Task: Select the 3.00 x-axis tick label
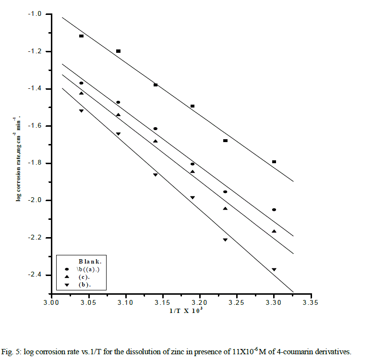(51, 303)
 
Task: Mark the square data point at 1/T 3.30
(274, 162)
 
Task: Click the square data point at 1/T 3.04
(81, 36)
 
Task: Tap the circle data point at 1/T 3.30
(274, 210)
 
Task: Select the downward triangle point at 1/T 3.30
(274, 270)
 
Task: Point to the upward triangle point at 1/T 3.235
(225, 208)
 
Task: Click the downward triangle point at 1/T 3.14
(155, 175)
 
